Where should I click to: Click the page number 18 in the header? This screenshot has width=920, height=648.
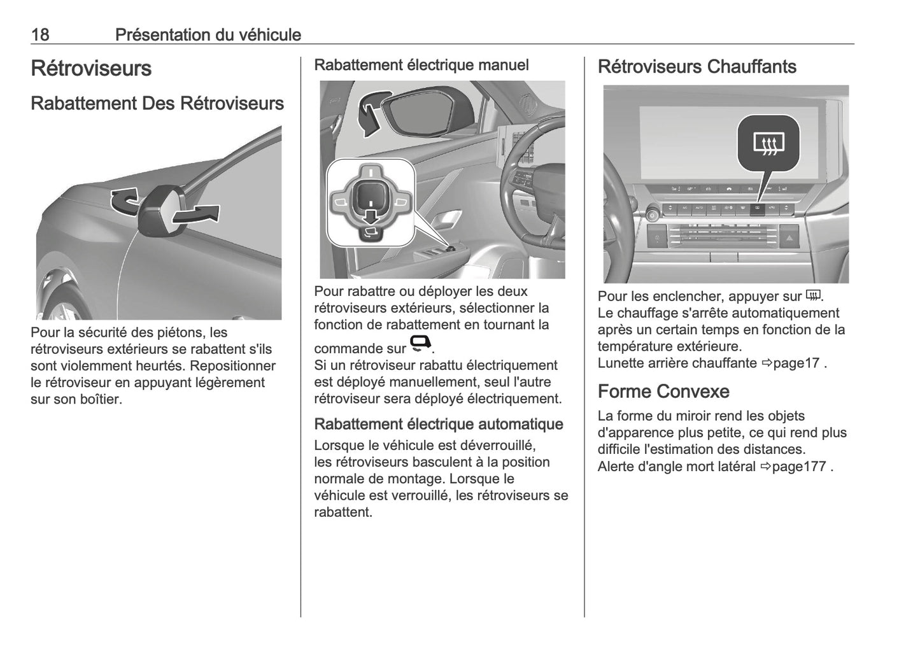click(x=39, y=34)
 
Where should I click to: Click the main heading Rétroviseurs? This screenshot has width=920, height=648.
click(x=91, y=68)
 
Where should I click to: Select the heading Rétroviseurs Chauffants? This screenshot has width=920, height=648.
click(x=697, y=67)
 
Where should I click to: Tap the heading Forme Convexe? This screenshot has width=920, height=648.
click(x=663, y=391)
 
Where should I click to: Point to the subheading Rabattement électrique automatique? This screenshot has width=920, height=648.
click(x=439, y=424)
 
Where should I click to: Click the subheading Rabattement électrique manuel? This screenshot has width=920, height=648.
click(x=421, y=65)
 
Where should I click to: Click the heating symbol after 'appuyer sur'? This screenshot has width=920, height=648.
click(x=812, y=295)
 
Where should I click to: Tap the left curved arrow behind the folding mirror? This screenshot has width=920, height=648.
click(x=124, y=201)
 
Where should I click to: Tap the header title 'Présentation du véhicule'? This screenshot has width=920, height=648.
click(x=208, y=34)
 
